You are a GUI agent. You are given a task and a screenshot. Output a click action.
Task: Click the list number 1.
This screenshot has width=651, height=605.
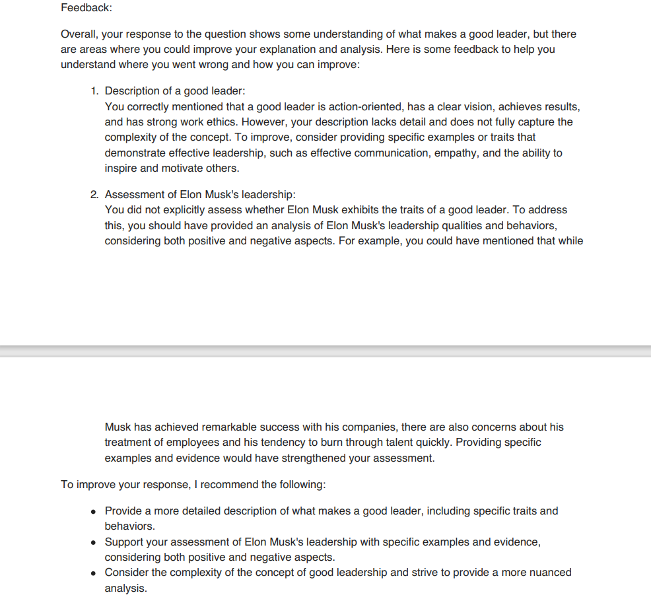tap(94, 90)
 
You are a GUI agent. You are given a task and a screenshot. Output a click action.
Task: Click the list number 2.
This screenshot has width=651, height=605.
tap(94, 194)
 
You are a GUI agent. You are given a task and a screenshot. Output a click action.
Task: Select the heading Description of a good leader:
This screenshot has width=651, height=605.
tap(175, 90)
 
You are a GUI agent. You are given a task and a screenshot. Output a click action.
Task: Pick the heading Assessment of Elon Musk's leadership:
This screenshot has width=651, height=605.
tap(200, 194)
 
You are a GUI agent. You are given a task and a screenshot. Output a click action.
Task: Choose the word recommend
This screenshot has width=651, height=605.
tap(229, 484)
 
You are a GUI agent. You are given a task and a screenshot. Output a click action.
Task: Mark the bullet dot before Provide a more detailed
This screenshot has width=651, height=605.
tap(94, 511)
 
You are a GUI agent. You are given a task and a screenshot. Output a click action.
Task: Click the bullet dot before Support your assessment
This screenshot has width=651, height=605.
tap(94, 542)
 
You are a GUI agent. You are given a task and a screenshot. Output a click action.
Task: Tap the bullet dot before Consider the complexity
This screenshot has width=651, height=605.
tap(94, 573)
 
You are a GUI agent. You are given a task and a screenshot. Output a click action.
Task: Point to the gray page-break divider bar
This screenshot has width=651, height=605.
tap(325, 351)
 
